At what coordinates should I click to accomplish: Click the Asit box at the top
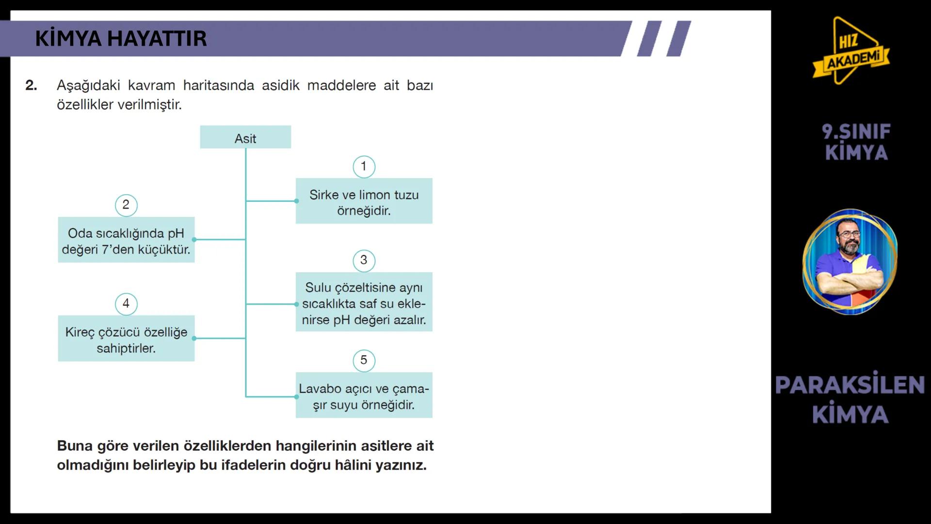point(245,137)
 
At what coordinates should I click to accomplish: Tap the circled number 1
point(364,166)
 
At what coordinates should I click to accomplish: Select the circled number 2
point(126,205)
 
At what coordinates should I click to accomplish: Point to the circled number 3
point(364,261)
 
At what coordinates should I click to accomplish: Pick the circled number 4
point(126,304)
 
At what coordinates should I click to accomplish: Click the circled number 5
point(364,360)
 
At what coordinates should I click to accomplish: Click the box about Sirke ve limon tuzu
point(364,201)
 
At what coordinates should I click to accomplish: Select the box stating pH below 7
point(126,240)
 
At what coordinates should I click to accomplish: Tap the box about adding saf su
point(364,302)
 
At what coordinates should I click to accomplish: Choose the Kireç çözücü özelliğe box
point(126,339)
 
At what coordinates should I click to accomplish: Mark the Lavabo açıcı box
point(364,395)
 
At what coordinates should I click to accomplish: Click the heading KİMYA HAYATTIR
point(121,39)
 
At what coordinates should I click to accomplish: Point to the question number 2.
point(31,85)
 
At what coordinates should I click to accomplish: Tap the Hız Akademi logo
point(851,51)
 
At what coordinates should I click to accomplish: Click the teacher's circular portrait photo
point(850,262)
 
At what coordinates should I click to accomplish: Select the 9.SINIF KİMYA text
point(856,142)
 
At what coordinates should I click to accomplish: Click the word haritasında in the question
point(219,85)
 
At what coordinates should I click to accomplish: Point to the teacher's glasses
point(849,234)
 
